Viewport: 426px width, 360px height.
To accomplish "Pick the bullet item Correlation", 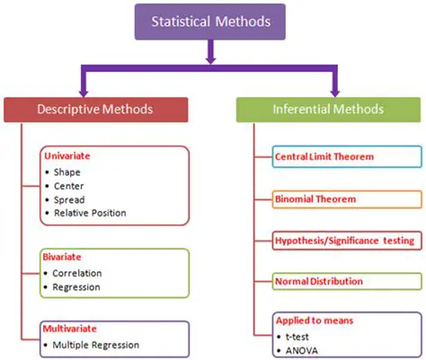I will [77, 272].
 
